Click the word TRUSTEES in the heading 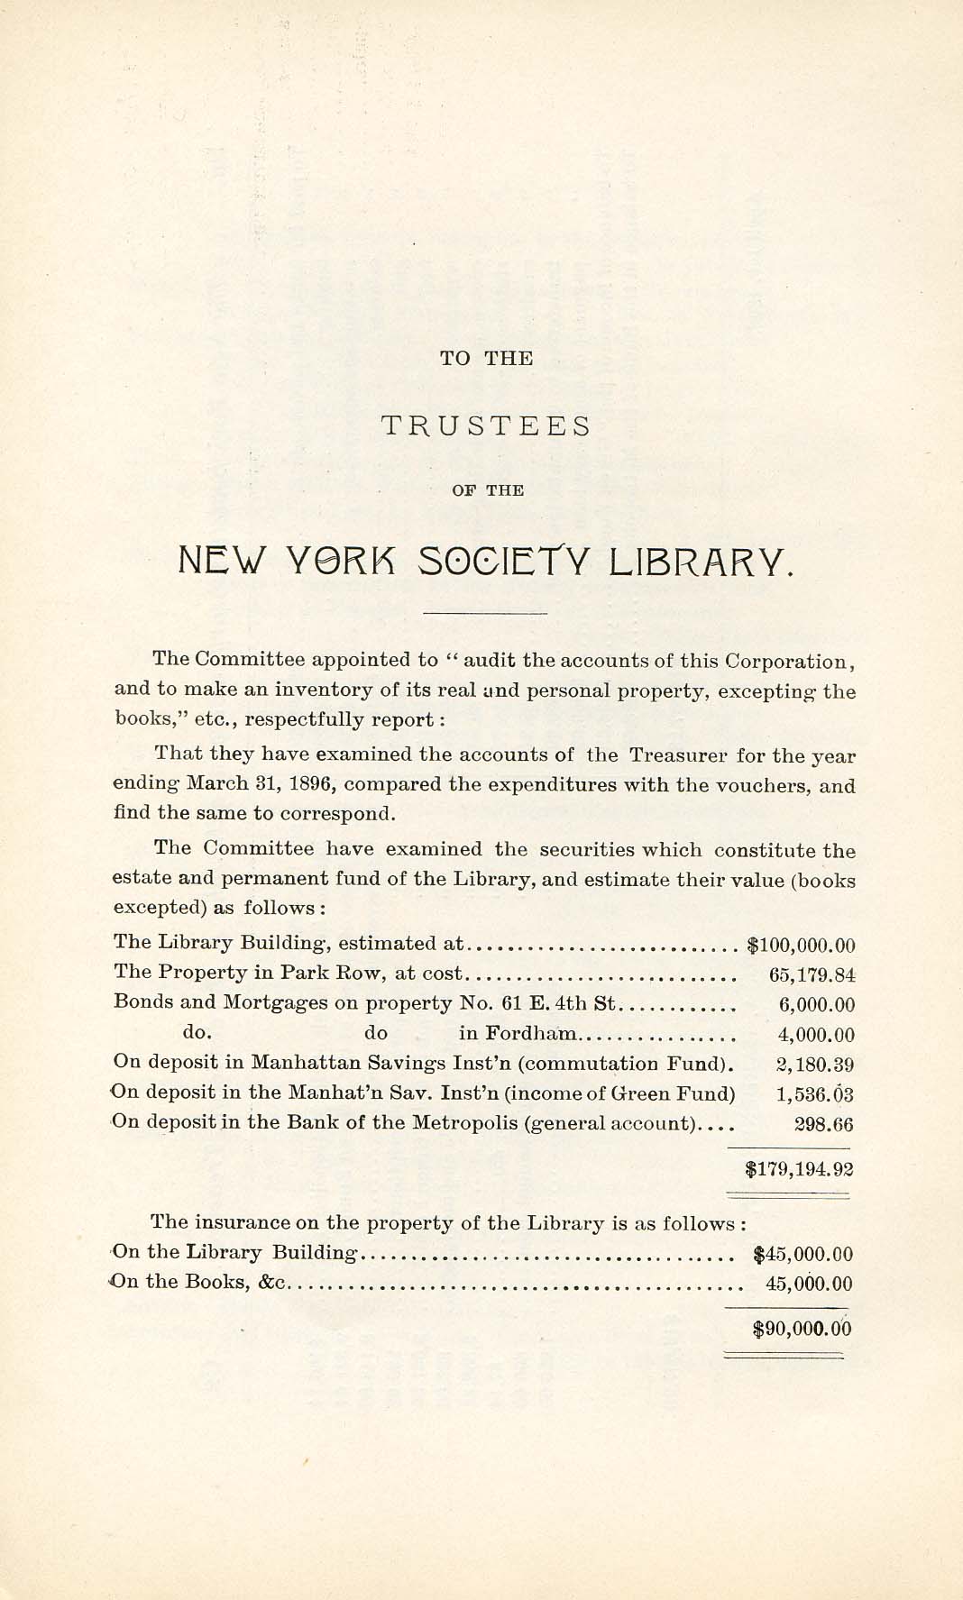click(486, 425)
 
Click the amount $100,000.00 click(802, 945)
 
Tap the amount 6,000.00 click(816, 1004)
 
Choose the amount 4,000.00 click(816, 1035)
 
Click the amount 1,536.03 click(815, 1094)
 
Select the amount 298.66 click(823, 1124)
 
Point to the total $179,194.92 click(800, 1170)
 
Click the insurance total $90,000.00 click(802, 1329)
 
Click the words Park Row click(318, 973)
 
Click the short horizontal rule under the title click(485, 614)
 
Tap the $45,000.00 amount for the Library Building click(802, 1254)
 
